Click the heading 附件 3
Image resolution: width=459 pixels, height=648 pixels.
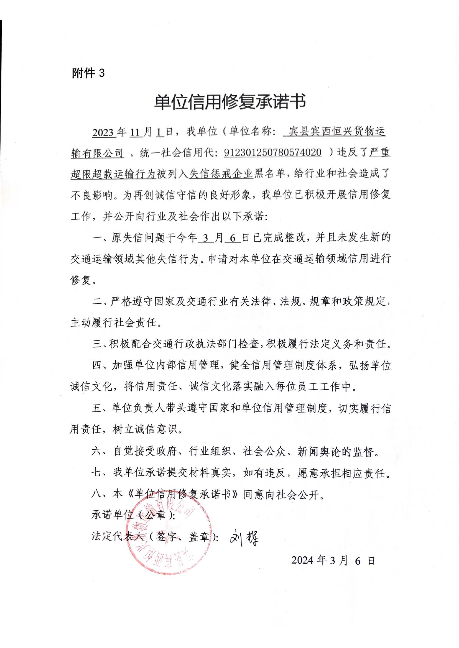coord(88,73)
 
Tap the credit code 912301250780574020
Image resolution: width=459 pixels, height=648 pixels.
coord(272,153)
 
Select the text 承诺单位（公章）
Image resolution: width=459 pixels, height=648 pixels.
coord(133,515)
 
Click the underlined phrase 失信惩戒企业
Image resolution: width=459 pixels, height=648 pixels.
coord(221,173)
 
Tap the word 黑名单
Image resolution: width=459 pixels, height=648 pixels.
coord(269,173)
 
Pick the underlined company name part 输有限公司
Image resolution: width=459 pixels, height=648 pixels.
coord(97,153)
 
